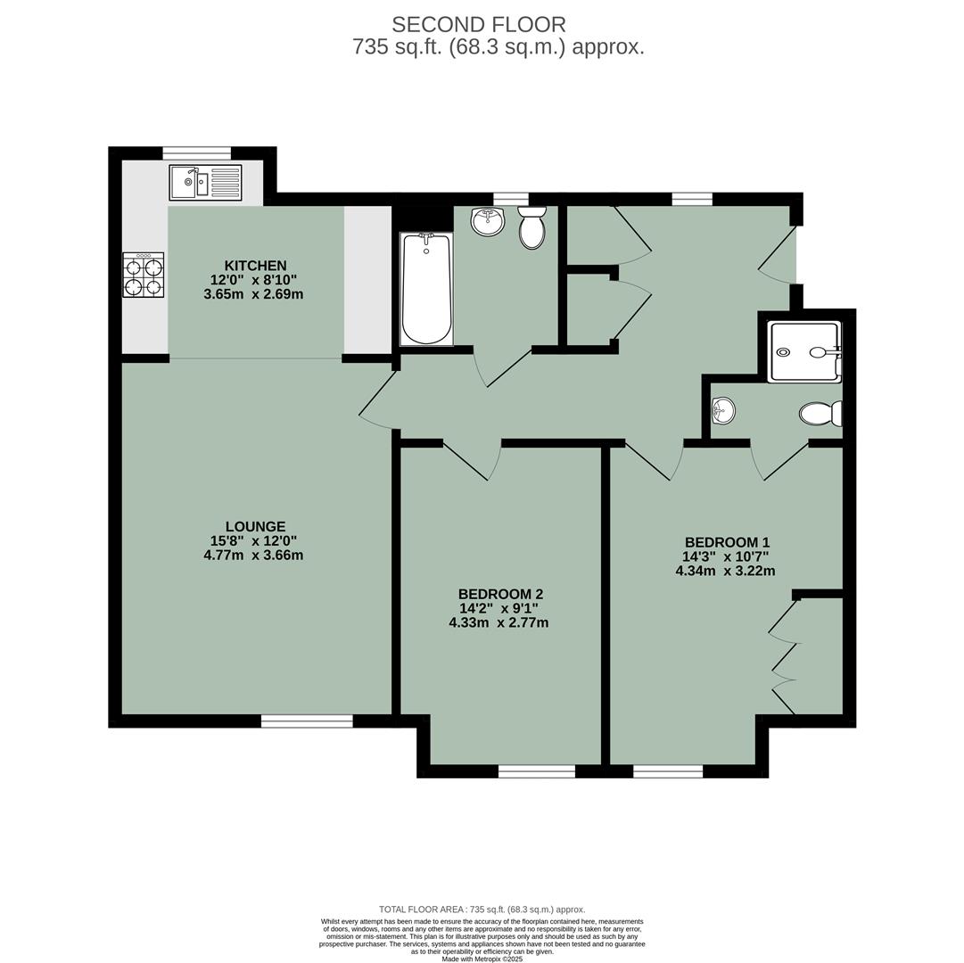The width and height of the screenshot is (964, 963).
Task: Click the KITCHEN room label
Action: (255, 266)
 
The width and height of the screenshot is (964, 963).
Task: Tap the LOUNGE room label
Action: (255, 527)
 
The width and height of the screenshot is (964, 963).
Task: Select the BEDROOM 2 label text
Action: (500, 594)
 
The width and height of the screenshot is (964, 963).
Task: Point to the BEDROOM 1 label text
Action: (727, 542)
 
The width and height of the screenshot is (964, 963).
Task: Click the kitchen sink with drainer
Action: (205, 183)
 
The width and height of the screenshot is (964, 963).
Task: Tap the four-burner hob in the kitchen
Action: (144, 276)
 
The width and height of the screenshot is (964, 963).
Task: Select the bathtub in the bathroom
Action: (426, 289)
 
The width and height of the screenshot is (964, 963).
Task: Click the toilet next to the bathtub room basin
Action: (531, 228)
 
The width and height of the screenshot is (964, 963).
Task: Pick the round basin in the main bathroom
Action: (488, 221)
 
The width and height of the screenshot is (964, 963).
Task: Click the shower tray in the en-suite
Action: (805, 351)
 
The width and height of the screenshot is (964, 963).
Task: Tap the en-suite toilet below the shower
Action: (820, 414)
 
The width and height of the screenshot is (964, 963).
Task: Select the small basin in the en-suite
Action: (723, 411)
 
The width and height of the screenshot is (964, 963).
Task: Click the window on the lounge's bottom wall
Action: (307, 720)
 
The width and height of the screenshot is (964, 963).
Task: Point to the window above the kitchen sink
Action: (196, 152)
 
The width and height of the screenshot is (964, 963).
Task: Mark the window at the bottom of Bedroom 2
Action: (536, 771)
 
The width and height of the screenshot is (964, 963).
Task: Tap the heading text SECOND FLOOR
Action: (479, 25)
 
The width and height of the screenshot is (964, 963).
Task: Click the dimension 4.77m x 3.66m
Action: (253, 556)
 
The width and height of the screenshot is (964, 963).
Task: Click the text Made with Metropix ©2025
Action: (482, 959)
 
